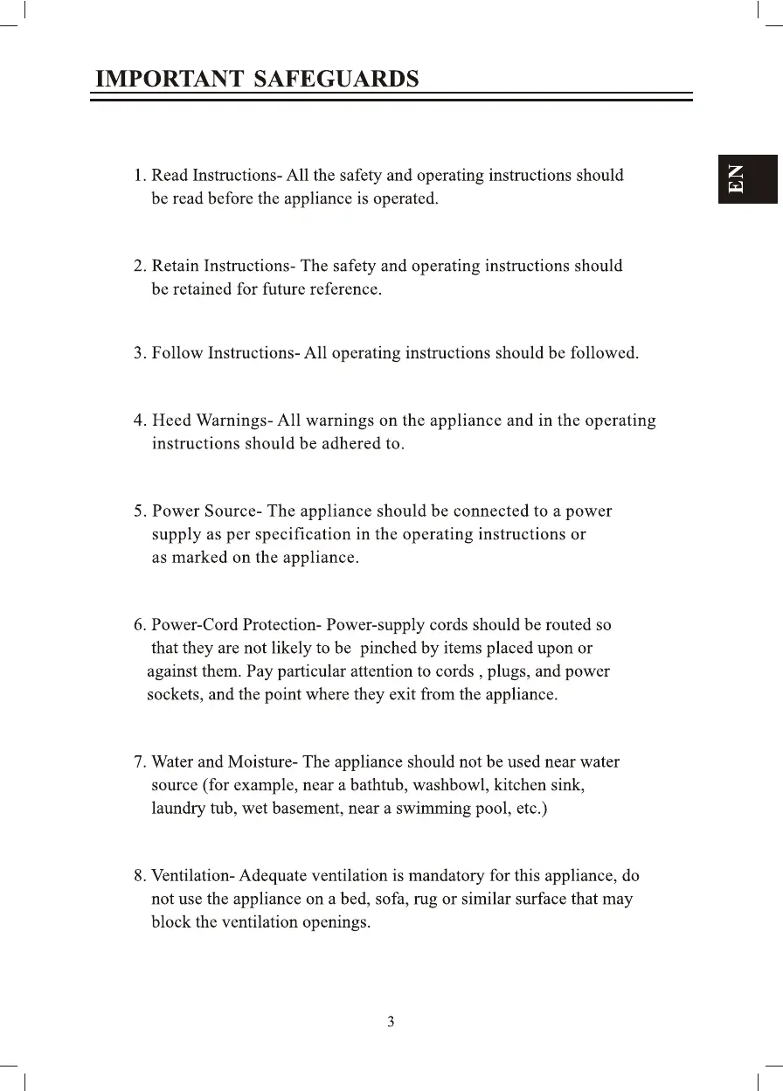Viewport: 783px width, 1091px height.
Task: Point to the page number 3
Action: point(391,1021)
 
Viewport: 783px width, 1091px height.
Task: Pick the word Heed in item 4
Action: point(171,420)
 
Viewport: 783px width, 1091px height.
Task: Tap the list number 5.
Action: point(139,511)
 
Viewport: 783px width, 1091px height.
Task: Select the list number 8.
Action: point(139,875)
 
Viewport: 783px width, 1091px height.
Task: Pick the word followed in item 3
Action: point(604,354)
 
